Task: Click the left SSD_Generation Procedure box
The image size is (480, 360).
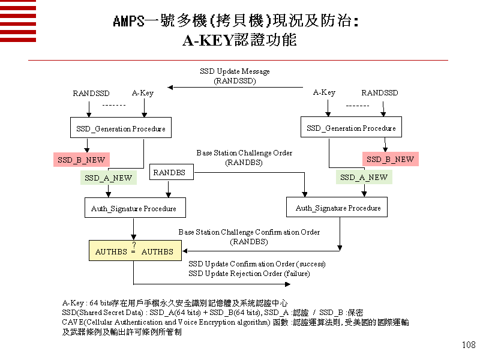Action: pyautogui.click(x=121, y=129)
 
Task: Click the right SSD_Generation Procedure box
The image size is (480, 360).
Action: pyautogui.click(x=351, y=128)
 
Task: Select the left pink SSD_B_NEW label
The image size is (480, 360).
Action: pyautogui.click(x=81, y=160)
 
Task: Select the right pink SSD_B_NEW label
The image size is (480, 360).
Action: pyautogui.click(x=390, y=160)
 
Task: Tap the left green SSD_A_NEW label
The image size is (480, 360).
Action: pyautogui.click(x=108, y=178)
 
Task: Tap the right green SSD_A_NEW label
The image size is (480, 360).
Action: pyautogui.click(x=364, y=178)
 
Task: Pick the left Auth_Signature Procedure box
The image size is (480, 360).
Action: pyautogui.click(x=134, y=209)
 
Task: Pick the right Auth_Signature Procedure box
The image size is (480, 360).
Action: pyautogui.click(x=338, y=208)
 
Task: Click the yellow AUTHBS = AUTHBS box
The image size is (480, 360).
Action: pyautogui.click(x=134, y=251)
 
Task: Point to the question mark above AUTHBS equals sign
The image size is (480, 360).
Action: pyautogui.click(x=134, y=245)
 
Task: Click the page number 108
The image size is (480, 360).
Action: pyautogui.click(x=469, y=345)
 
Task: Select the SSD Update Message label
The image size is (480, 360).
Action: pyautogui.click(x=235, y=71)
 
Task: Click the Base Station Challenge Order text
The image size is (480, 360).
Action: pyautogui.click(x=244, y=153)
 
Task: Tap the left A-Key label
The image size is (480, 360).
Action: pyautogui.click(x=143, y=93)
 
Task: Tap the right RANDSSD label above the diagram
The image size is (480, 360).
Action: pyautogui.click(x=379, y=93)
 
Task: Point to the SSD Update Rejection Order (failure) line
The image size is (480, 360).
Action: pyautogui.click(x=249, y=274)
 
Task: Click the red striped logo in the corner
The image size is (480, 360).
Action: pyautogui.click(x=17, y=20)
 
